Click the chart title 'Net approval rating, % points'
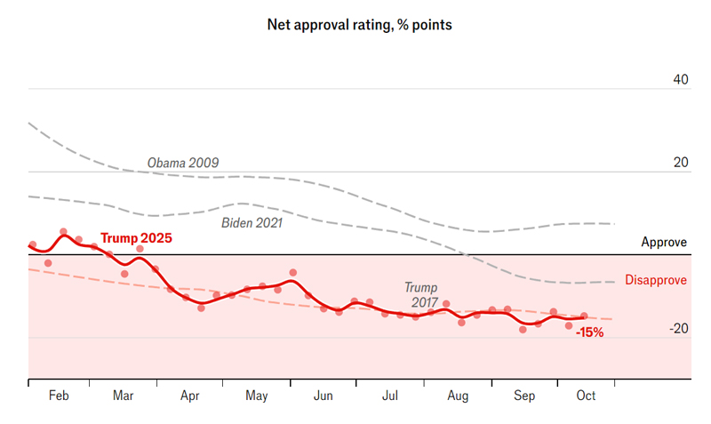pyautogui.click(x=360, y=25)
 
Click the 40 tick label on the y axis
pyautogui.click(x=680, y=79)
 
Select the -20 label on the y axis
pyautogui.click(x=678, y=328)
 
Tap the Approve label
pyautogui.click(x=664, y=242)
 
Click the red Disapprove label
pyautogui.click(x=656, y=280)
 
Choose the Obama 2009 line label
pyautogui.click(x=183, y=163)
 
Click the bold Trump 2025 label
pyautogui.click(x=136, y=238)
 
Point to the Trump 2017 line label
pyautogui.click(x=421, y=295)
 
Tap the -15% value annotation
pyautogui.click(x=589, y=332)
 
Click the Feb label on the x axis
pyautogui.click(x=60, y=396)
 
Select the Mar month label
pyautogui.click(x=124, y=396)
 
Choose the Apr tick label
pyautogui.click(x=190, y=396)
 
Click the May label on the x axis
pyautogui.click(x=257, y=396)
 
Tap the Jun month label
pyautogui.click(x=324, y=396)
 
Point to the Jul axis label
pyautogui.click(x=390, y=396)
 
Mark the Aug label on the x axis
pyautogui.click(x=459, y=396)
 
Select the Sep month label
pyautogui.click(x=524, y=396)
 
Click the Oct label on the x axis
pyautogui.click(x=586, y=396)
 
